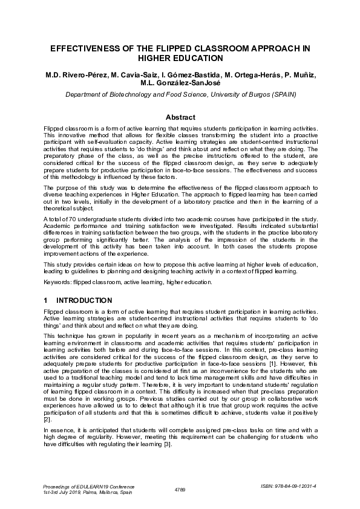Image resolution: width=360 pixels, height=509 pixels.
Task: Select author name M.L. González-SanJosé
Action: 180,83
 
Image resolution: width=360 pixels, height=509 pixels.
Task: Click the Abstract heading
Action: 180,117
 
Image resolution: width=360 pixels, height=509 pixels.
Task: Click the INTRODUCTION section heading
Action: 83,300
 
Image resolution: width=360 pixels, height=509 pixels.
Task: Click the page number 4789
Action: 180,488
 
